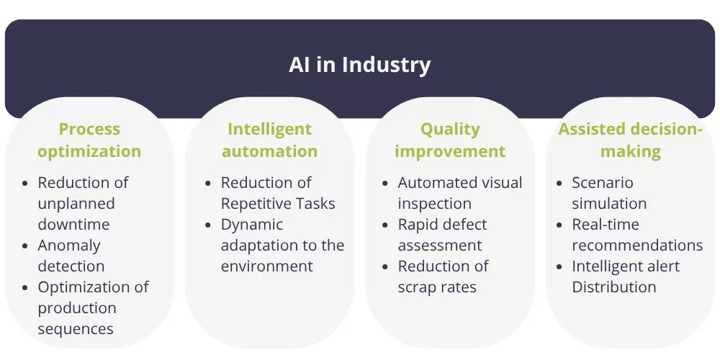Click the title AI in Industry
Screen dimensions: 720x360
point(359,65)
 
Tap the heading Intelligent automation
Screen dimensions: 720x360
point(269,140)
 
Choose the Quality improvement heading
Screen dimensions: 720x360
point(450,140)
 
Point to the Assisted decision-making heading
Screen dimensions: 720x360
point(631,140)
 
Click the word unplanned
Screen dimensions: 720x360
point(76,204)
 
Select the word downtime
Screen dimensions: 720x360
point(73,225)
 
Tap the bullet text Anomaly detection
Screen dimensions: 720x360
point(71,256)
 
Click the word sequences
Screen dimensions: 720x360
point(76,329)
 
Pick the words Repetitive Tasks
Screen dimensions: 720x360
point(278,204)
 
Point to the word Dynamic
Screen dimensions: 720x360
point(251,225)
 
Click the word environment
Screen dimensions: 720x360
point(267,266)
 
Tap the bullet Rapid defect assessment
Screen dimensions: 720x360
point(442,235)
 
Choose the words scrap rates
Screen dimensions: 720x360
point(437,287)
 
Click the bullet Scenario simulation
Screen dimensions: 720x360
point(609,193)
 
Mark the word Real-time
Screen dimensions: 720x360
point(606,225)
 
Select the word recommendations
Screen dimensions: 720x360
point(637,246)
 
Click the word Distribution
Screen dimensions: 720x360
point(614,287)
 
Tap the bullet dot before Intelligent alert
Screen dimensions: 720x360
point(559,267)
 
